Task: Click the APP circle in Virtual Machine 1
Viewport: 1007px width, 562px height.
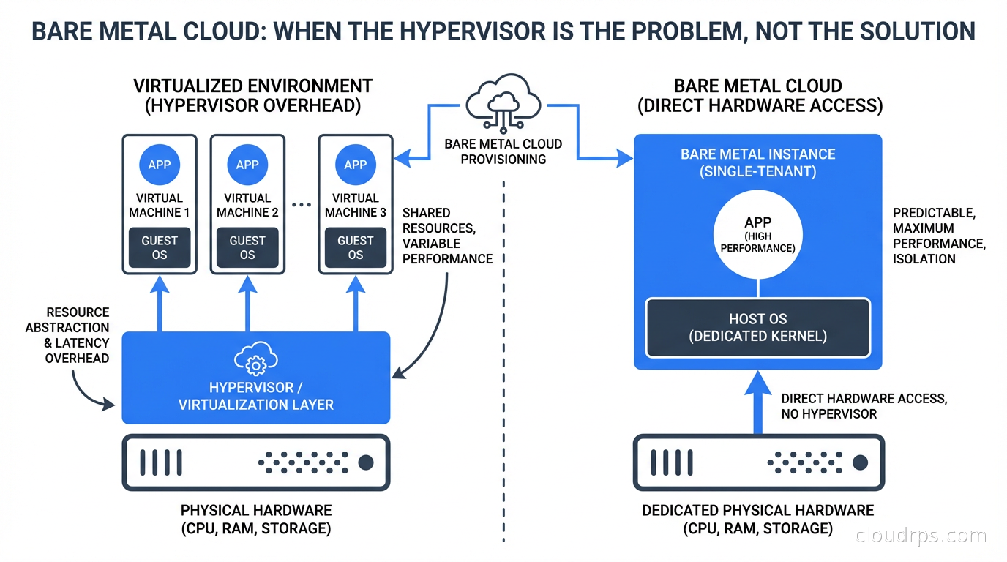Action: (160, 165)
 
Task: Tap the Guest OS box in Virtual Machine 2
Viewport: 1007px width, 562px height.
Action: (247, 247)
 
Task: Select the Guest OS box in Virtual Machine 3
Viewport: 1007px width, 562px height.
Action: (356, 247)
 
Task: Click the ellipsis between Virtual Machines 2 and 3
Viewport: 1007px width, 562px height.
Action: (302, 206)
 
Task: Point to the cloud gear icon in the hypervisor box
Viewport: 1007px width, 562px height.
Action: (255, 360)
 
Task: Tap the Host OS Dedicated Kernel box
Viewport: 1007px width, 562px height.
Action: (757, 327)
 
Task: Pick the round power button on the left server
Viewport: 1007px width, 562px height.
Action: (365, 462)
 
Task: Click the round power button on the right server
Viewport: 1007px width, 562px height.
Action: (861, 462)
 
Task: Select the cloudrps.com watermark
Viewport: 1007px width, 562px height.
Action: (921, 536)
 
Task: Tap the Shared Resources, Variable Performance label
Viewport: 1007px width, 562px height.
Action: (447, 236)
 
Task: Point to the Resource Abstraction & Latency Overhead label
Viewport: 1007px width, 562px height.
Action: (67, 335)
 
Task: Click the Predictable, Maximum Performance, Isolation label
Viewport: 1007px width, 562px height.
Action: (939, 236)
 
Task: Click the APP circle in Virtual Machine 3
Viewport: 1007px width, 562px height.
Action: (356, 165)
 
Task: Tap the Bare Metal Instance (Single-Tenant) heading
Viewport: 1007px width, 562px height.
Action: (757, 163)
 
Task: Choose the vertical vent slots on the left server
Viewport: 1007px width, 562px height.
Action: (160, 462)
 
